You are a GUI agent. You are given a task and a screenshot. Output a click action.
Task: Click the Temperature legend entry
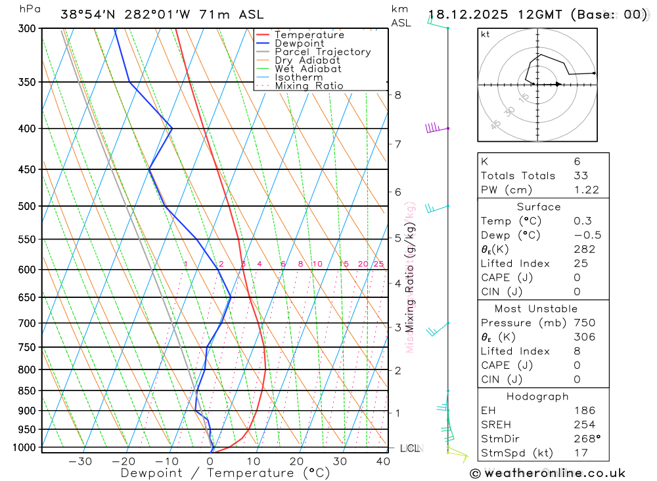coord(309,35)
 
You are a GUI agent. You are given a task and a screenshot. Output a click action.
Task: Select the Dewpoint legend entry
coord(300,43)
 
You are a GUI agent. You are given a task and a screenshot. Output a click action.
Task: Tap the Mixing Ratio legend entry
coord(309,86)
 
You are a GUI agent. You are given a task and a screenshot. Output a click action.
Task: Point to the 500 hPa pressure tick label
coord(26,206)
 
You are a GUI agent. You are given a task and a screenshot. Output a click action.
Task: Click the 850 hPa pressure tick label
coord(26,391)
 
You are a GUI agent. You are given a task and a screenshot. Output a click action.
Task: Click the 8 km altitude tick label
coord(398,94)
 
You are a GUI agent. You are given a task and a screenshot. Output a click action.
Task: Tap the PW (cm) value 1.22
coord(586,190)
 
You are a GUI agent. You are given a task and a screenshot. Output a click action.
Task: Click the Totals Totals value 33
coord(581,176)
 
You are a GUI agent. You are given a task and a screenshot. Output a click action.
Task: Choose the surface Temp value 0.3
coord(582,221)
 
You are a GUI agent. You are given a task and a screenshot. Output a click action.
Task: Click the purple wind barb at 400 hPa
coord(434,128)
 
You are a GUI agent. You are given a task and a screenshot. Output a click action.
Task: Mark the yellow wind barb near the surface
coord(458,454)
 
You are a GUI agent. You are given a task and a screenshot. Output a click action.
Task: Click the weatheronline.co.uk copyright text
coord(547,473)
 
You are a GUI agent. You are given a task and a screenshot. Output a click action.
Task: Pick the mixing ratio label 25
coord(378,264)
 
